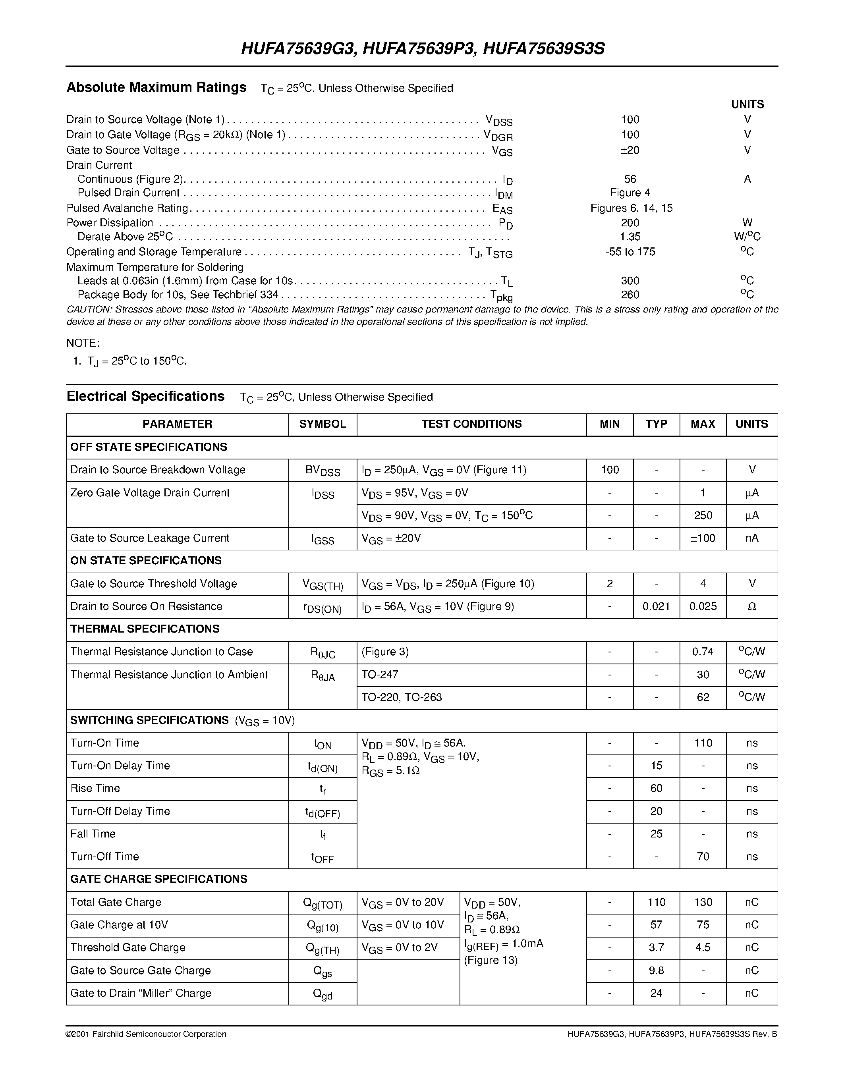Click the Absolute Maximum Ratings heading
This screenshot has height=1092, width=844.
point(156,87)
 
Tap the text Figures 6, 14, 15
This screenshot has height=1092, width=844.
point(631,208)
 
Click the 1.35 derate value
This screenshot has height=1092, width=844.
point(630,237)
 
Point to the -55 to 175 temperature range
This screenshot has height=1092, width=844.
point(630,251)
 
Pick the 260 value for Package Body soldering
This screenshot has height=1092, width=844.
point(630,295)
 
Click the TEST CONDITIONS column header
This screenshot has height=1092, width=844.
point(471,424)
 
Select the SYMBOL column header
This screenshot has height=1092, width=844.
point(323,424)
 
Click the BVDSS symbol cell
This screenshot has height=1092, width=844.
point(323,471)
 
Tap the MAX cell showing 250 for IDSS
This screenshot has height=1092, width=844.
point(703,515)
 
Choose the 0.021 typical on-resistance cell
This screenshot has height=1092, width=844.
point(656,606)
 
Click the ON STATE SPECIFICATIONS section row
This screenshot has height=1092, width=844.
point(146,561)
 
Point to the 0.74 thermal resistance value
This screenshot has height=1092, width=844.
point(703,652)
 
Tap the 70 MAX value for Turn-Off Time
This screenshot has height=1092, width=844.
point(703,857)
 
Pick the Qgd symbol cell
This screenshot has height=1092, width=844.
point(323,994)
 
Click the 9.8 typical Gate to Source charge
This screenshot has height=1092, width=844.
point(656,970)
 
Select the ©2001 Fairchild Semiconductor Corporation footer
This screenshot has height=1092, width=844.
point(146,1034)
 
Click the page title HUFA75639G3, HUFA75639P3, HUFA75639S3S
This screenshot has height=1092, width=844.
point(423,48)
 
